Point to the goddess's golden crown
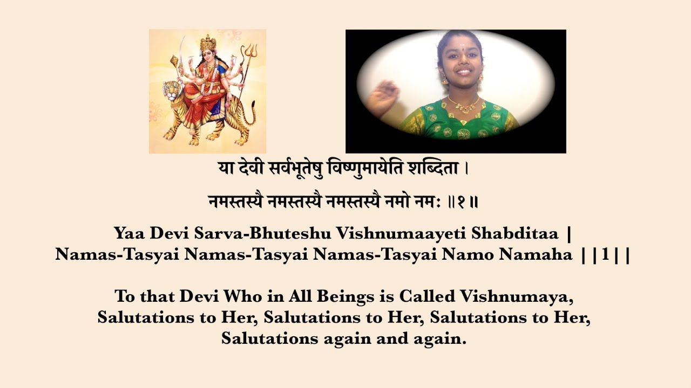[208, 43]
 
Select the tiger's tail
[249, 116]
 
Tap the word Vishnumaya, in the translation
[524, 297]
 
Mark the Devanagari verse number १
[462, 202]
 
